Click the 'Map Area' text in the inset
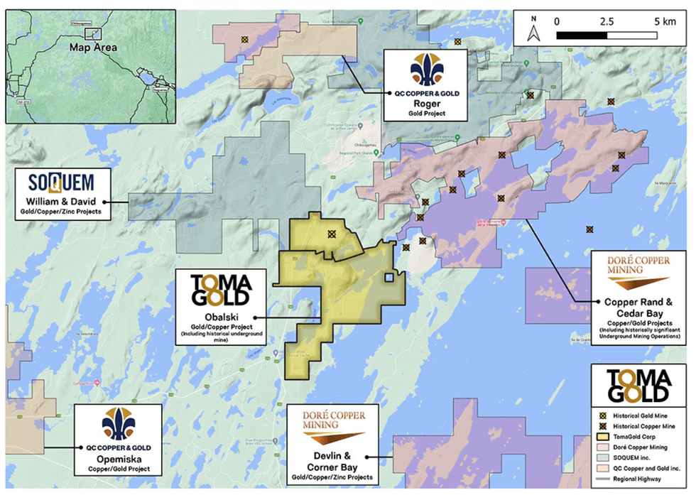point(94,48)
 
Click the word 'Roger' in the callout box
point(423,102)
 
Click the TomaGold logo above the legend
point(638,385)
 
